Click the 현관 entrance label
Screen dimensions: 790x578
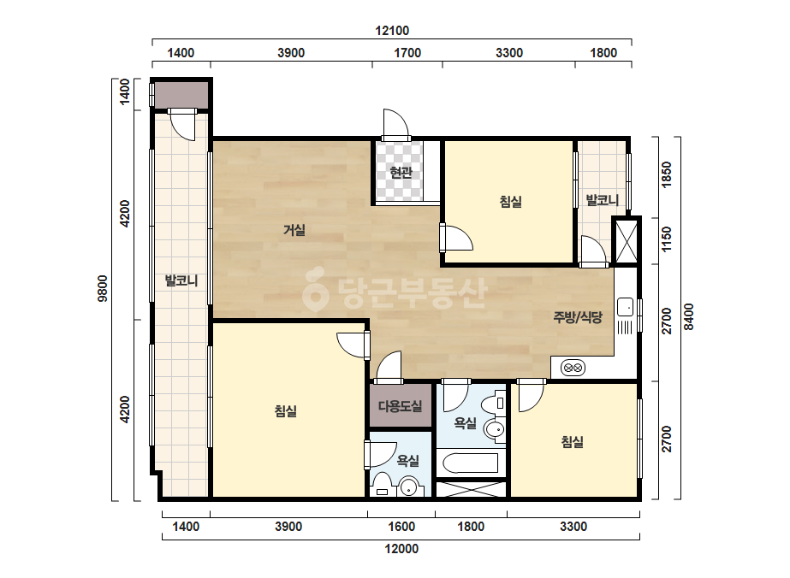pos(401,173)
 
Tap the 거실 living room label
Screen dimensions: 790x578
pos(294,230)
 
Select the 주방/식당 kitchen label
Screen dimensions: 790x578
pos(578,316)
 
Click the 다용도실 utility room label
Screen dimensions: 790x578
pos(401,406)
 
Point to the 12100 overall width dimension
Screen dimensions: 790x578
pos(392,31)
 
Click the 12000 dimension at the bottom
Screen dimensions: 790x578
pos(401,549)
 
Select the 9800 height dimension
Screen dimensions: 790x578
pos(103,288)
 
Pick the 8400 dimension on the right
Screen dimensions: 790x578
pos(688,317)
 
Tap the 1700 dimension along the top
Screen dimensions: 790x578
pos(407,53)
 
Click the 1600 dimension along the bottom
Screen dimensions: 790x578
pos(401,527)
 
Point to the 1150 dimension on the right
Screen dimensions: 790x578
pos(666,239)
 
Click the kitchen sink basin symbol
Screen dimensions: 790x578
pos(626,307)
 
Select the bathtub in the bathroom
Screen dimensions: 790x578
pos(470,463)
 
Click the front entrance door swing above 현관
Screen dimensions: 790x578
pos(395,123)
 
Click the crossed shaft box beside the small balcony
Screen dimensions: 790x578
pos(627,241)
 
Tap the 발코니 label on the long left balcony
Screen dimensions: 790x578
pos(181,280)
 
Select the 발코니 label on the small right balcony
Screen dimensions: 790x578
pos(602,200)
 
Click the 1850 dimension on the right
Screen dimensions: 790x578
pos(666,174)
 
